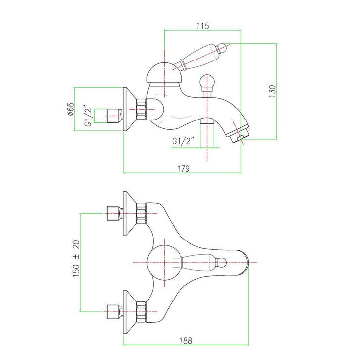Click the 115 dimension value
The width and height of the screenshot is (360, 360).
[x=203, y=26]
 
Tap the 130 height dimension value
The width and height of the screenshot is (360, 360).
[x=272, y=91]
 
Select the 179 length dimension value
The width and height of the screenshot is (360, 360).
[x=183, y=168]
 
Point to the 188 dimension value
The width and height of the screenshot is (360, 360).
[x=186, y=341]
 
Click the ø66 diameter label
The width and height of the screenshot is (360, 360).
[x=71, y=109]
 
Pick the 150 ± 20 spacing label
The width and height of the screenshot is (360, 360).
[x=76, y=258]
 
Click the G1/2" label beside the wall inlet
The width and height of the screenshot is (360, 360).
[x=88, y=116]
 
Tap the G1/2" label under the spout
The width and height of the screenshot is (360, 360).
[x=183, y=141]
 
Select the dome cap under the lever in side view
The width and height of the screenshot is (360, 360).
[x=164, y=73]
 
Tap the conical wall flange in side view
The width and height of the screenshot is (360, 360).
[x=129, y=109]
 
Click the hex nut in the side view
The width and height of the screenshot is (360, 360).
[x=141, y=109]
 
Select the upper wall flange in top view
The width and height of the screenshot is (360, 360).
[x=130, y=213]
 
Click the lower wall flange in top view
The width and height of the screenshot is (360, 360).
[x=130, y=312]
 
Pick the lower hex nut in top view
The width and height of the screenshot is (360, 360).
[x=141, y=312]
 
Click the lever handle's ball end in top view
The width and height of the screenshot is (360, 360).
[x=221, y=262]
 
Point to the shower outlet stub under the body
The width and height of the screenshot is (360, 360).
[x=207, y=121]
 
